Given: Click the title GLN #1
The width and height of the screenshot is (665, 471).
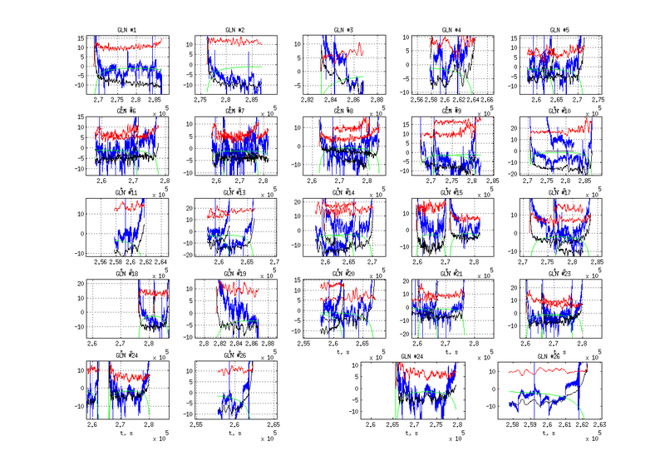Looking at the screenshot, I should point(127,30).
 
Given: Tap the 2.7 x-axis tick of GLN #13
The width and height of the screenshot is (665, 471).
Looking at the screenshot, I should point(273,261).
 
